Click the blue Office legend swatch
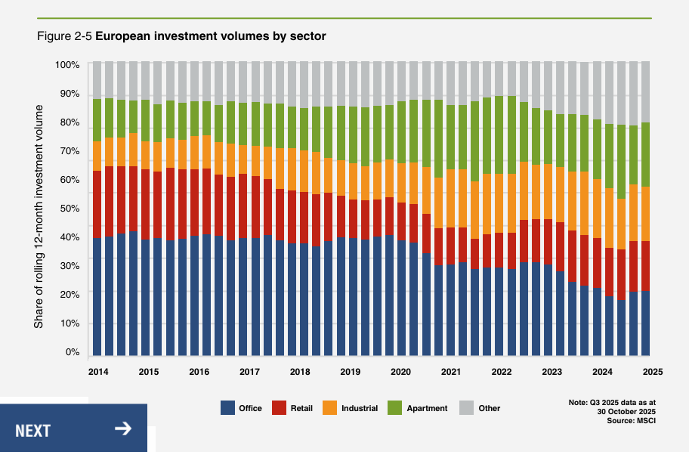coord(228,408)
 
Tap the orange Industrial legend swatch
coord(329,408)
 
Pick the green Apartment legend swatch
coord(394,408)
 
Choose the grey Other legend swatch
coord(466,408)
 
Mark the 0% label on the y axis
coord(72,352)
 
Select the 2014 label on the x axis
coord(97,372)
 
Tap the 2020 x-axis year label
coord(400,372)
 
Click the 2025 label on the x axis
coord(653,372)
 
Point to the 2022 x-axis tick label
coord(502,372)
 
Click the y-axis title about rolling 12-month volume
coord(39,215)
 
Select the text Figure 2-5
coord(64,36)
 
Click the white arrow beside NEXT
coord(123,429)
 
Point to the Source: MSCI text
coord(631,421)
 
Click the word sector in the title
coord(309,36)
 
